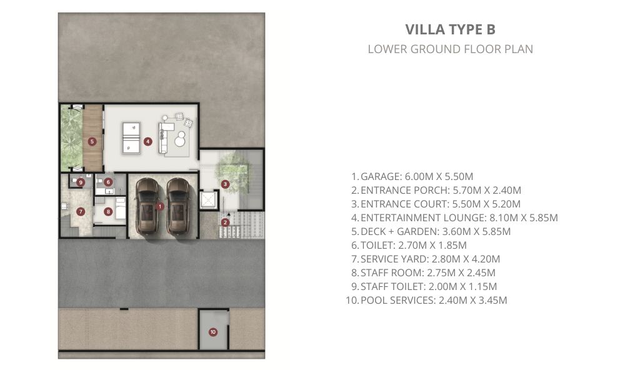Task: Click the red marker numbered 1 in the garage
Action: pos(160,206)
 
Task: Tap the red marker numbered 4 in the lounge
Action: pos(148,141)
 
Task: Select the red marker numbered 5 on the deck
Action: pos(92,141)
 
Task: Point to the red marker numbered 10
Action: pos(213,332)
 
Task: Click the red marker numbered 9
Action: pos(81,182)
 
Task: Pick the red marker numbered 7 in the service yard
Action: pos(81,212)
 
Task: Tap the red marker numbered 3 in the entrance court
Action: pos(225,184)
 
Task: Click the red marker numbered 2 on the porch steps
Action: pos(225,222)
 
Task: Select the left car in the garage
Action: pos(146,206)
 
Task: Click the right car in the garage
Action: pos(177,206)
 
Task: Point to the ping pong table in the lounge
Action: pos(131,138)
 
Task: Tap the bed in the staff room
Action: pos(120,208)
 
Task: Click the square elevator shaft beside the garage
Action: pos(209,200)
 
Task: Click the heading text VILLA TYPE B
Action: pos(451,29)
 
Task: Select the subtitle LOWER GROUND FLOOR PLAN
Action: pos(451,49)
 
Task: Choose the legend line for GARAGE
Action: pos(412,176)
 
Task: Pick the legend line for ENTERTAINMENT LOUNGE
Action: pos(454,217)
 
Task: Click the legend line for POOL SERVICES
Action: pos(426,300)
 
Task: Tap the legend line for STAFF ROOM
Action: pos(423,272)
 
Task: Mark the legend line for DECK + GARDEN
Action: pos(431,231)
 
